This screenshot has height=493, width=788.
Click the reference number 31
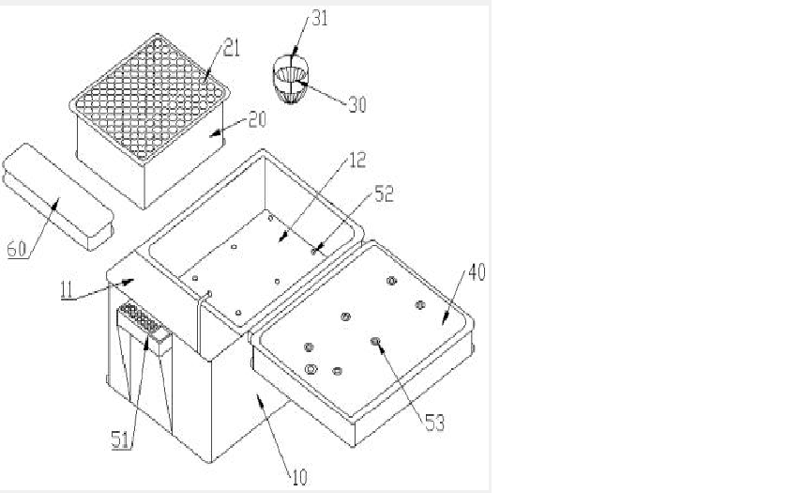click(320, 18)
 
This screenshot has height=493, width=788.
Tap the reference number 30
click(357, 104)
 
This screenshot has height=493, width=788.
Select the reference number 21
click(232, 49)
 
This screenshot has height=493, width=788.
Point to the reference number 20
click(257, 120)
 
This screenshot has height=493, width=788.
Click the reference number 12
click(357, 161)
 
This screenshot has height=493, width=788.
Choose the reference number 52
click(385, 194)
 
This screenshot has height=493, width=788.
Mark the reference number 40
click(477, 272)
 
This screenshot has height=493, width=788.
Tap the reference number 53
click(435, 424)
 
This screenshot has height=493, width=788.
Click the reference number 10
click(299, 477)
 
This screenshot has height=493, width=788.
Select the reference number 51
click(121, 440)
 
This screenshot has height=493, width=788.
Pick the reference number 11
click(67, 291)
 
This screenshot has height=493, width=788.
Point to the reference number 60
click(17, 249)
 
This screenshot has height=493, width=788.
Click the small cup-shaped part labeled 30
click(291, 80)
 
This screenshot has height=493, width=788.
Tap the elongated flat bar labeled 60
click(58, 196)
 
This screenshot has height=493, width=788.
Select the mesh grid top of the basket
click(149, 98)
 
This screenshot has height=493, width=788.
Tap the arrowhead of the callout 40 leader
click(445, 320)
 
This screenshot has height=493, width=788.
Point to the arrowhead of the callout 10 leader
click(259, 399)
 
